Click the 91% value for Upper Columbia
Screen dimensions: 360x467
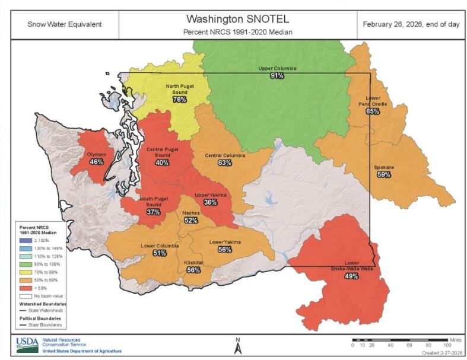click(x=277, y=76)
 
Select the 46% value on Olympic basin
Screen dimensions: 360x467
click(x=96, y=161)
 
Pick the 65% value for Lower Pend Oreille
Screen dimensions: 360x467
click(x=372, y=111)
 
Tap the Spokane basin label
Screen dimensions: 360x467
click(x=383, y=167)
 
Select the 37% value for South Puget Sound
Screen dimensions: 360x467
click(x=153, y=212)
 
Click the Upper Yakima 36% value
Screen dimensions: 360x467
click(x=209, y=202)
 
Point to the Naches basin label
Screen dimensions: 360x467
click(x=190, y=212)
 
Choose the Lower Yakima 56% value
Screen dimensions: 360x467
click(x=224, y=250)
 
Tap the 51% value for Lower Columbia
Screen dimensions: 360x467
click(x=159, y=253)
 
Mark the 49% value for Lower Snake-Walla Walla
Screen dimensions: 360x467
click(x=351, y=276)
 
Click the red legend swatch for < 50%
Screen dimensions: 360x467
click(x=23, y=286)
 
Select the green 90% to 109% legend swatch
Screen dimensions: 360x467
click(x=23, y=262)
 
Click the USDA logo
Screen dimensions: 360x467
click(x=27, y=344)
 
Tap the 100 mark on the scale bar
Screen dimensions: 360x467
click(x=447, y=345)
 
